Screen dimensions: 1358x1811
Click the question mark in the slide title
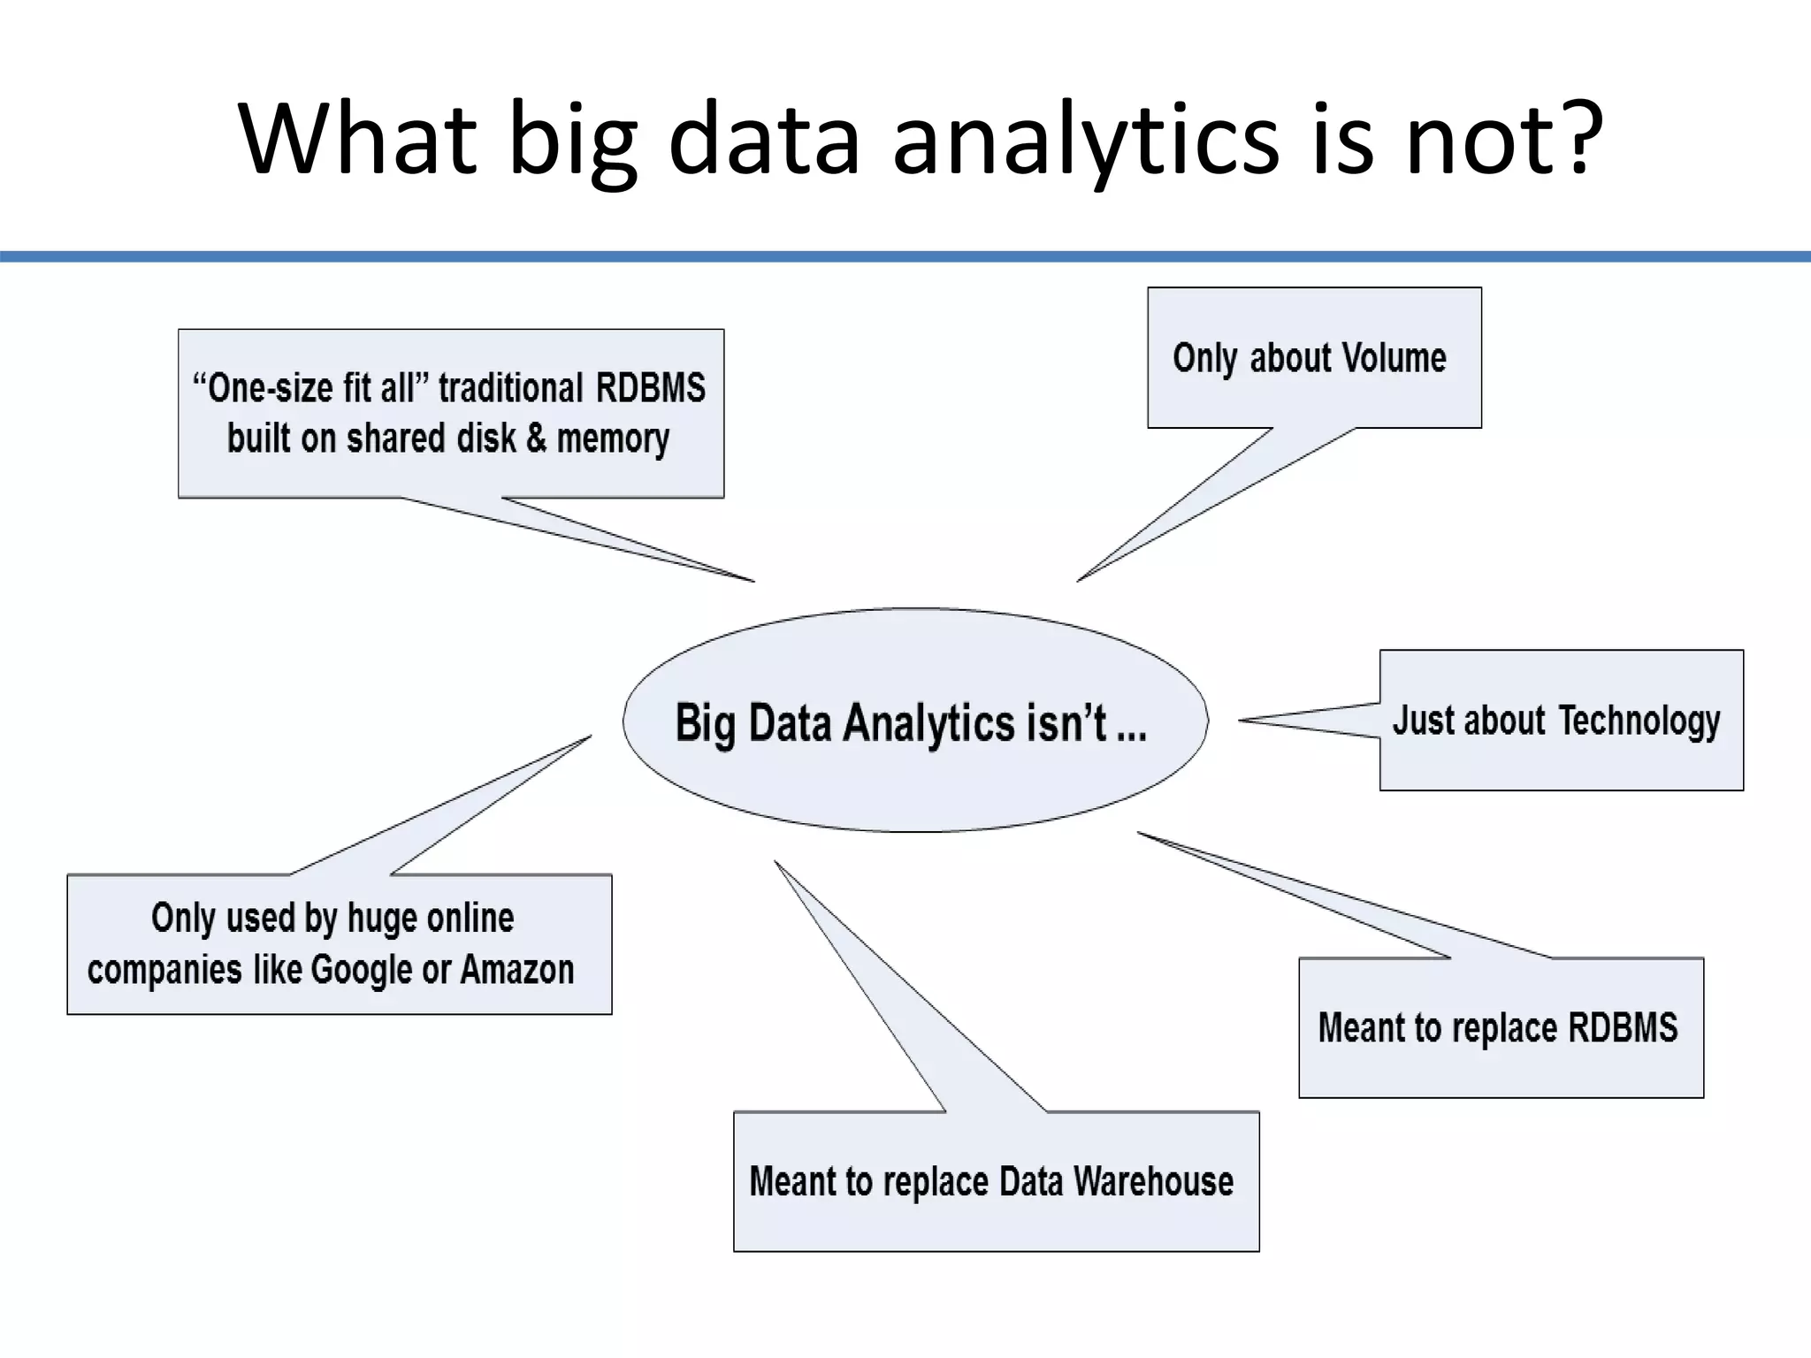1579,137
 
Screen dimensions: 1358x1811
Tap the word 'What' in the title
358,137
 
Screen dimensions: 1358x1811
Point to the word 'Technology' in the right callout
1639,721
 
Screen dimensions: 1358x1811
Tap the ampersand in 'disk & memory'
536,439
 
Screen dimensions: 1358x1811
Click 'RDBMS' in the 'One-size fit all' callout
651,388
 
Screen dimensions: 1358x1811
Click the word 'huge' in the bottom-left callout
378,919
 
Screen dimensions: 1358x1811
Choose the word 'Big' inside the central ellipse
705,722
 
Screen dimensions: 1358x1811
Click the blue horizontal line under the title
905,256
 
